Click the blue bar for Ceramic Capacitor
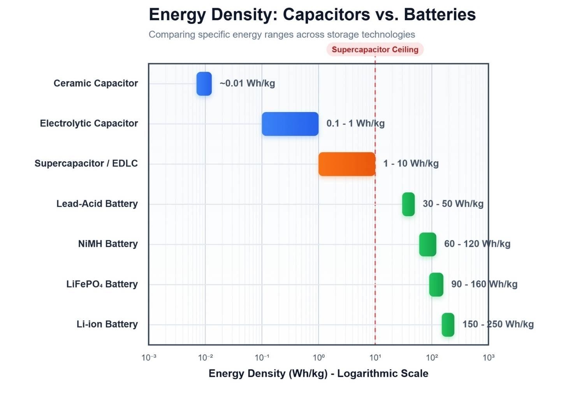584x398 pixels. (x=204, y=84)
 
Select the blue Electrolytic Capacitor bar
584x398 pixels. (x=290, y=124)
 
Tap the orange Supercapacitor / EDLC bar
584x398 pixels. (x=347, y=164)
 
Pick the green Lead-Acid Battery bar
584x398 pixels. (x=408, y=204)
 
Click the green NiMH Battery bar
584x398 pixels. (x=427, y=244)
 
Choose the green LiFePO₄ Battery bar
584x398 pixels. (x=436, y=285)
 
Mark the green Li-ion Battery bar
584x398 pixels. (x=448, y=325)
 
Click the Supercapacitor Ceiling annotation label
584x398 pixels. (x=375, y=49)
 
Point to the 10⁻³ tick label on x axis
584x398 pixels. (x=149, y=357)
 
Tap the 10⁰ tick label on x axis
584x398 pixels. (x=318, y=357)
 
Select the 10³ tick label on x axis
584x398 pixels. (x=488, y=357)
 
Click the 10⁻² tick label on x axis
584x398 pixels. (x=205, y=357)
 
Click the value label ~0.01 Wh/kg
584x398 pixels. (x=247, y=83)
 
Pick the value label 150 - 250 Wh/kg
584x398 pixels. (x=498, y=324)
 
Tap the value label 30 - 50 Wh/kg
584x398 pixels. (x=453, y=204)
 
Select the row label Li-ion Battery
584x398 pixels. (x=107, y=324)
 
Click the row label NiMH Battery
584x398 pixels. (x=108, y=244)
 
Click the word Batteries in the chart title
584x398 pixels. (x=440, y=15)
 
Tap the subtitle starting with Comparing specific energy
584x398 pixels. (x=282, y=35)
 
